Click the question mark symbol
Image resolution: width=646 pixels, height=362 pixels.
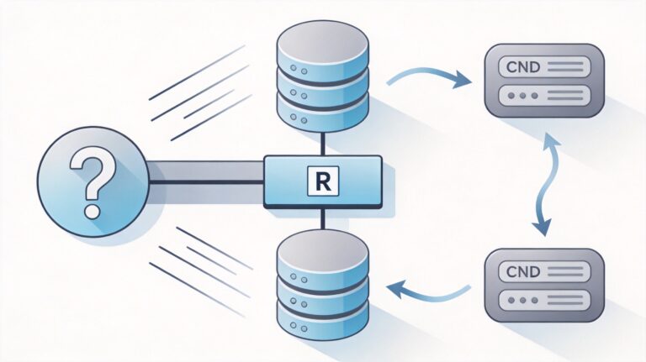pyautogui.click(x=92, y=180)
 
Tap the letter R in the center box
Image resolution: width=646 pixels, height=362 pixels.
pyautogui.click(x=323, y=180)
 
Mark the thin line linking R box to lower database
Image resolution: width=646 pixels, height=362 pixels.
pyautogui.click(x=322, y=218)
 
